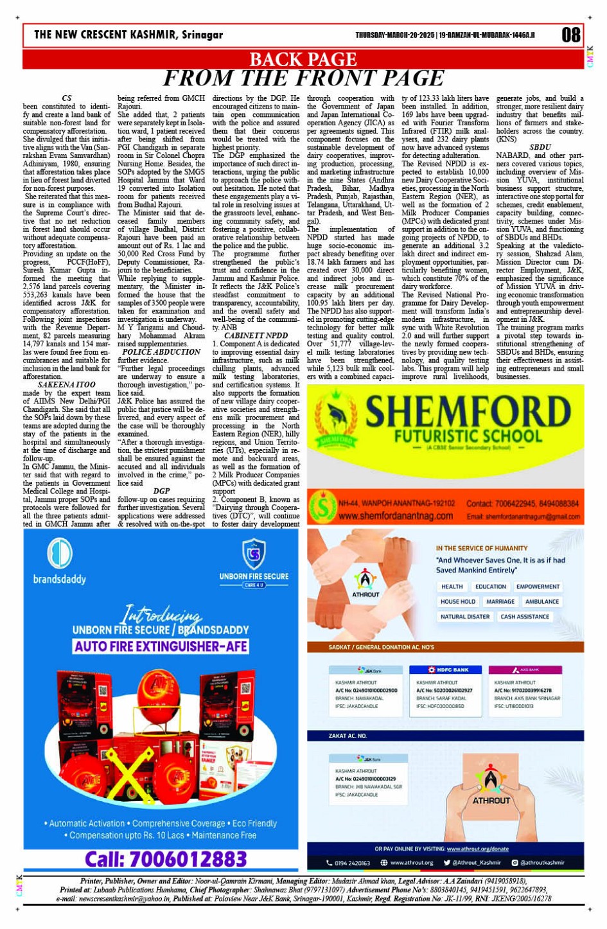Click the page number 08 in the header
click(570, 35)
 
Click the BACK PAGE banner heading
click(303, 60)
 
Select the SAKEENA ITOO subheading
click(67, 384)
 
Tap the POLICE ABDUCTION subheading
click(161, 352)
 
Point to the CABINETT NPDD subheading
click(256, 335)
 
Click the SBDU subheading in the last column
click(540, 147)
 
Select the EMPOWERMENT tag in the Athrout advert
click(538, 587)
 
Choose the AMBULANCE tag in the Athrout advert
click(541, 601)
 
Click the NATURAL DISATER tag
click(465, 617)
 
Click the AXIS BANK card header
click(525, 669)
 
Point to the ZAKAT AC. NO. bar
click(347, 736)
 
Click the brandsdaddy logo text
click(59, 579)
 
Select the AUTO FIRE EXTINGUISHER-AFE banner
click(161, 646)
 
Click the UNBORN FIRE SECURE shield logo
click(254, 554)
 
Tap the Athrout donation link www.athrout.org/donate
click(477, 849)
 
